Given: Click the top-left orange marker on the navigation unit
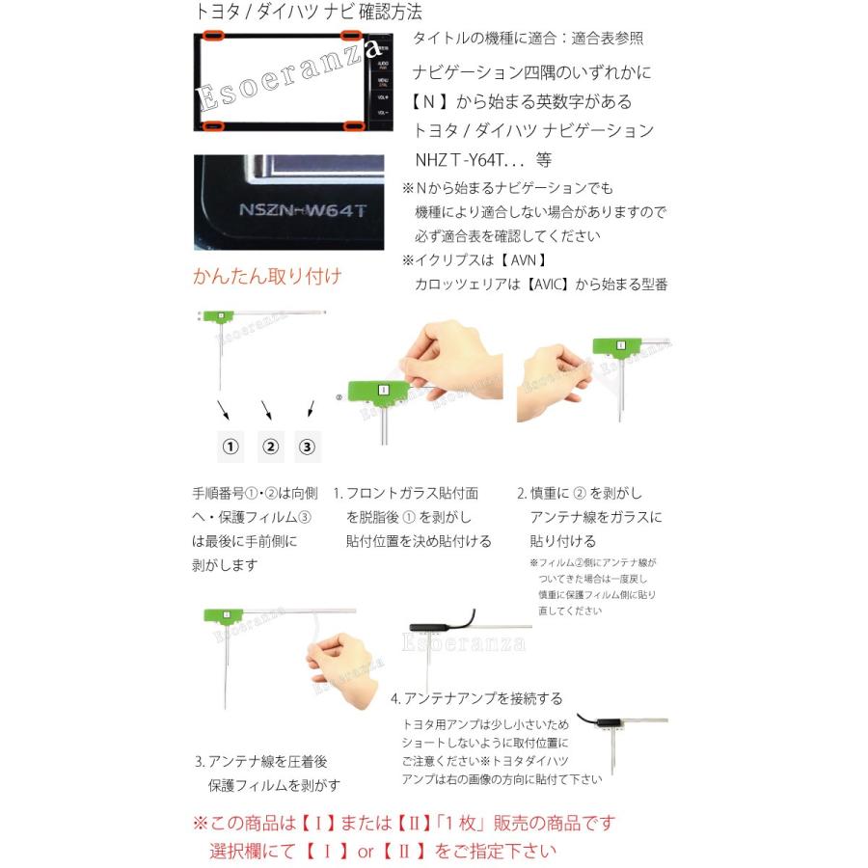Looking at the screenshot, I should [x=212, y=37].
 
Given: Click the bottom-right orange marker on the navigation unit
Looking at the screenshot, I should [x=354, y=125].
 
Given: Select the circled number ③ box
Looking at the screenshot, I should [x=307, y=447].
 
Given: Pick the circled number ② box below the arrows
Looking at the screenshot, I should [x=269, y=447].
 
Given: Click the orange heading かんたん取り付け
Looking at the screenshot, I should [x=267, y=277].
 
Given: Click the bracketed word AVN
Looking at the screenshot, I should [x=529, y=259].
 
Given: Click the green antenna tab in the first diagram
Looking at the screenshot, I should [x=222, y=316].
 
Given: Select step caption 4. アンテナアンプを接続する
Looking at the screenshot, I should [x=476, y=698].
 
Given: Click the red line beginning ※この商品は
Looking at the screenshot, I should [x=403, y=823].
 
